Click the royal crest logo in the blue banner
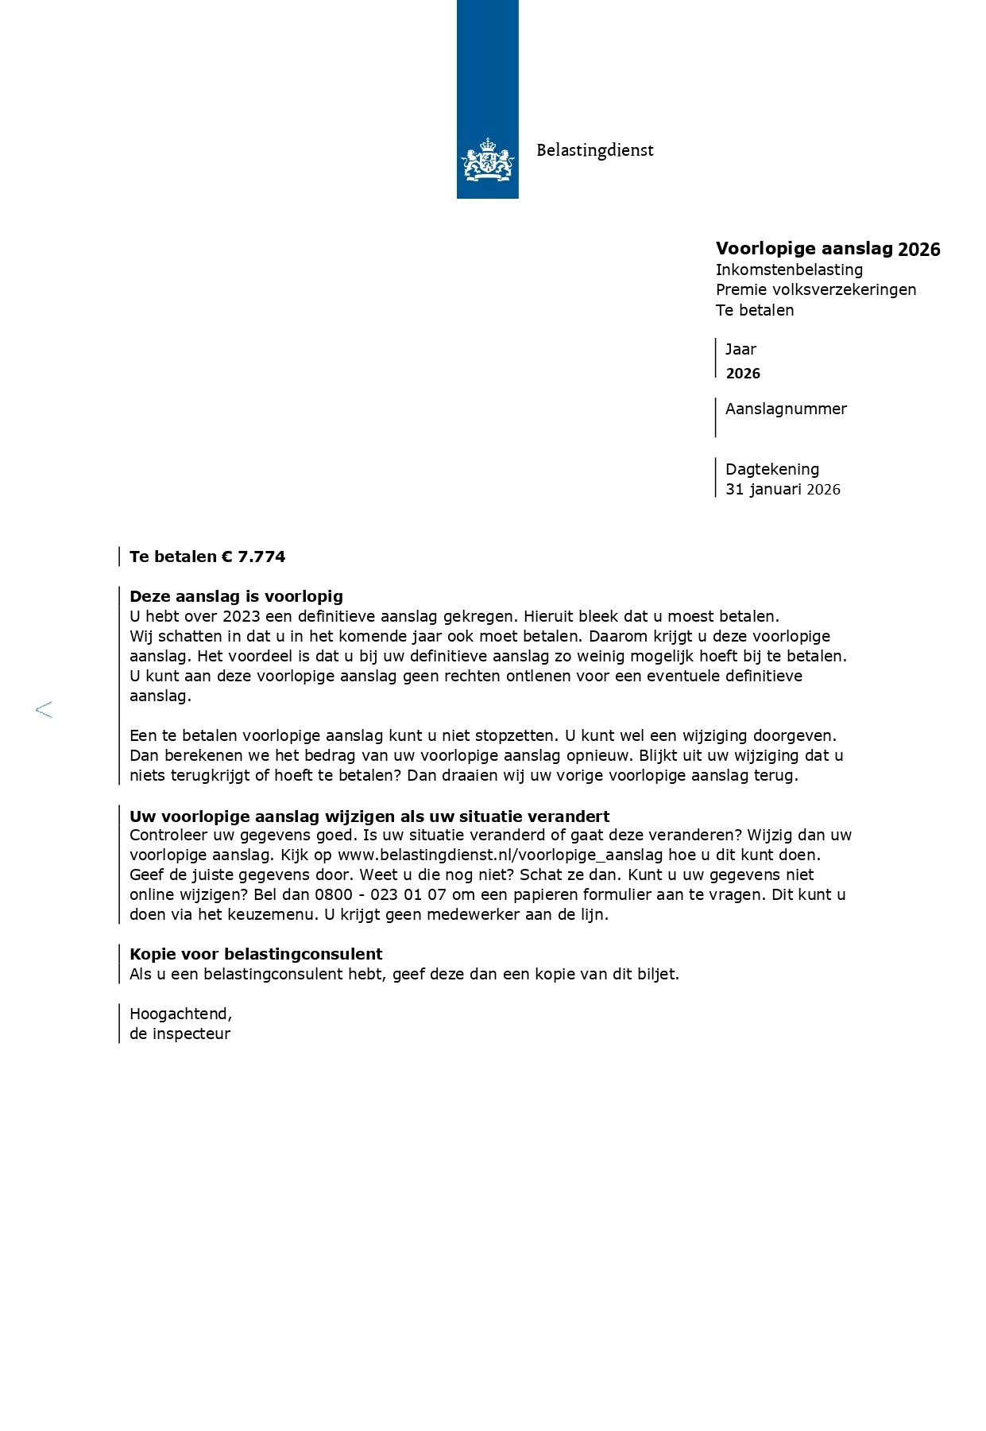pyautogui.click(x=487, y=159)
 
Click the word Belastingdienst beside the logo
pyautogui.click(x=594, y=149)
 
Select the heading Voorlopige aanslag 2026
pyautogui.click(x=827, y=249)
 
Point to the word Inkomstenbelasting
pyautogui.click(x=789, y=270)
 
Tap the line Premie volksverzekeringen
pyautogui.click(x=815, y=289)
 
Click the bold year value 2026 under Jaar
pyautogui.click(x=743, y=374)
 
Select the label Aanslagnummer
pyautogui.click(x=786, y=409)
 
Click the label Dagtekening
pyautogui.click(x=771, y=469)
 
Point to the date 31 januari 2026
pyautogui.click(x=782, y=490)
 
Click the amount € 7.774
pyautogui.click(x=253, y=556)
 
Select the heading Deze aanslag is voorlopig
pyautogui.click(x=236, y=596)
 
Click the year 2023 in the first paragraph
pyautogui.click(x=242, y=616)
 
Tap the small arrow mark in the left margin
pyautogui.click(x=44, y=710)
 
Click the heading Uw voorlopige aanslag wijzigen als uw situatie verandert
pyautogui.click(x=369, y=816)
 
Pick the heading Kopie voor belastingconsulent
pyautogui.click(x=256, y=954)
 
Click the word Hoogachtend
pyautogui.click(x=180, y=1014)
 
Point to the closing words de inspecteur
pyautogui.click(x=180, y=1034)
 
